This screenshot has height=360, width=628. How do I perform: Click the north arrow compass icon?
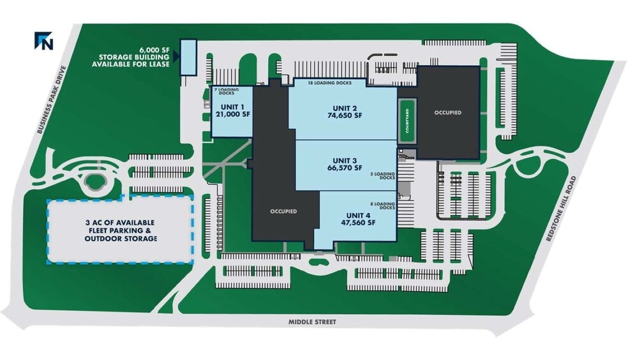(x=43, y=41)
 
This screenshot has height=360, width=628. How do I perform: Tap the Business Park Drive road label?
(x=50, y=100)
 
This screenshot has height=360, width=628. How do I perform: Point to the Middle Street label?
(x=312, y=322)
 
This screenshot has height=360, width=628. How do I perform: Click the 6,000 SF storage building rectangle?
(x=188, y=57)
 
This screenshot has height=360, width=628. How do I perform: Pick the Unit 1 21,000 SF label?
(x=233, y=110)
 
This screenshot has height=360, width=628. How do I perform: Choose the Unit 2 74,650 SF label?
(x=345, y=112)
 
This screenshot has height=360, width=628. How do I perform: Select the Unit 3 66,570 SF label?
(x=345, y=164)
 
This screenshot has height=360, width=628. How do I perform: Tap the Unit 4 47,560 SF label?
(x=358, y=219)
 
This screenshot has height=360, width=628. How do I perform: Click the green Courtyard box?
(x=407, y=121)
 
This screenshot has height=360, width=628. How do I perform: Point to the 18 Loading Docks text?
(x=330, y=83)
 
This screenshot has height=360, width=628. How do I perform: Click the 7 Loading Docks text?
(x=227, y=91)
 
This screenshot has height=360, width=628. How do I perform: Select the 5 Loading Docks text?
(x=383, y=176)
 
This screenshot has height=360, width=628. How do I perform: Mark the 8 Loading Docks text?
(x=383, y=206)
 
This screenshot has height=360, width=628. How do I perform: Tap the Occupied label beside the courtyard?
(x=448, y=112)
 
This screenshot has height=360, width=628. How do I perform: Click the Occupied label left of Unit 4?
(x=283, y=211)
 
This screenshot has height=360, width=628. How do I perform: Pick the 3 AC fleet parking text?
(x=121, y=230)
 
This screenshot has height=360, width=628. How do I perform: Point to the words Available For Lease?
(x=131, y=64)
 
